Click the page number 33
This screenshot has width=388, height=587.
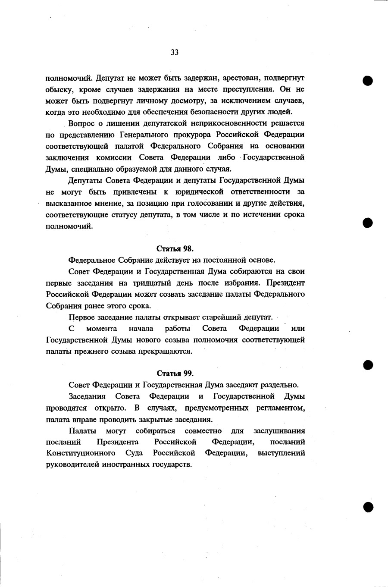point(175,53)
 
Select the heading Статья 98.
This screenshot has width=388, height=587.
point(175,249)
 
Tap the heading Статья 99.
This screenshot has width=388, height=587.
point(175,374)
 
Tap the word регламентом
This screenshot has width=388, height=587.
point(281,408)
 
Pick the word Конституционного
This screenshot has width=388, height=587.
point(81,453)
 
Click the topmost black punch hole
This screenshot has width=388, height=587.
point(367,81)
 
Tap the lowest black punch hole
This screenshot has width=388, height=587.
point(367,507)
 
